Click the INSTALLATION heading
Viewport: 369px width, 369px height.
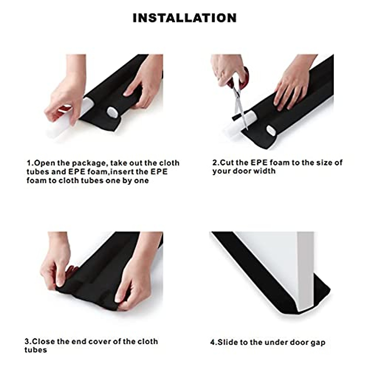[184, 18]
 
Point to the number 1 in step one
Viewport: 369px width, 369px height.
[29, 163]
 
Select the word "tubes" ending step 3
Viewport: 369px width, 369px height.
[36, 341]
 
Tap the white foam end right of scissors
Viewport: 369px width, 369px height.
[271, 130]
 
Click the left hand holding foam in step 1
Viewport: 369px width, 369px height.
[61, 98]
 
